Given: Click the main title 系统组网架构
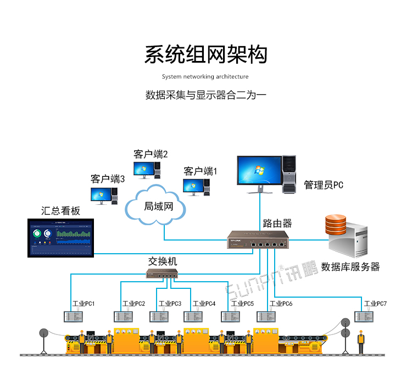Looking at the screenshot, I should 205,55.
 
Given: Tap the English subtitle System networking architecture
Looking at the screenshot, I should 205,77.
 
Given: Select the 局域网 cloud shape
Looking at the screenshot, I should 155,206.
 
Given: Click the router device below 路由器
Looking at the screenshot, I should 257,241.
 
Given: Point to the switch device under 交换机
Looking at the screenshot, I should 162,273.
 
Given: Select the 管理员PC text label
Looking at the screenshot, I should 324,185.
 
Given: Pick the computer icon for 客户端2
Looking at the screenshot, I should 147,169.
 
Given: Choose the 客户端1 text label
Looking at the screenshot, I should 201,171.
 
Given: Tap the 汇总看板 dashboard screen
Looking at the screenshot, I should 62,237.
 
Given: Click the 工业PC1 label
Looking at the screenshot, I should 83,303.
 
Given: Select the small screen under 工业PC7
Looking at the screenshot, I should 364,316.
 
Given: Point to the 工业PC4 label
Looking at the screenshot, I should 204,303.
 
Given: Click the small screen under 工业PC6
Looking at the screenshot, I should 266,317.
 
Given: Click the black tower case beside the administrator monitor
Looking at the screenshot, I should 289,174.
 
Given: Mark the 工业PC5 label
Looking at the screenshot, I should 242,303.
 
